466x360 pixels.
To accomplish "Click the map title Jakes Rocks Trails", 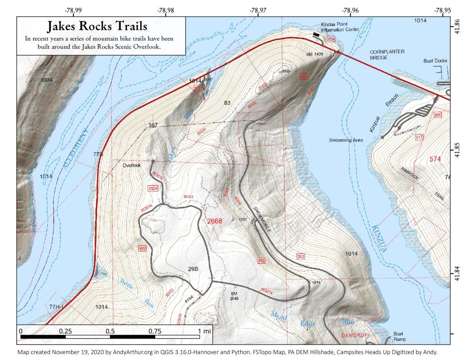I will tap(97, 27).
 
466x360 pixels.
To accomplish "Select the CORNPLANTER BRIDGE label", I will tap(387, 55).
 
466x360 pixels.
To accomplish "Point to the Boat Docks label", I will tap(435, 61).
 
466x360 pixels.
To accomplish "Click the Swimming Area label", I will tap(346, 140).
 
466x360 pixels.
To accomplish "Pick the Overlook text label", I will tap(132, 166).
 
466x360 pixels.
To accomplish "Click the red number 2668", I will tap(214, 221).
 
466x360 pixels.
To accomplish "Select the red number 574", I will tap(436, 159).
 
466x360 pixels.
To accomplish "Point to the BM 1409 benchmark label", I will tap(315, 54).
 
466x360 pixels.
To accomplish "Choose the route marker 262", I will tap(300, 257).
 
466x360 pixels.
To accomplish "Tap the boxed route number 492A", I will tap(153, 188).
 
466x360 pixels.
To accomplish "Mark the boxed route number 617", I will tap(419, 137).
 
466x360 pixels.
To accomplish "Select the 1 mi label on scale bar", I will tap(205, 331).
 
